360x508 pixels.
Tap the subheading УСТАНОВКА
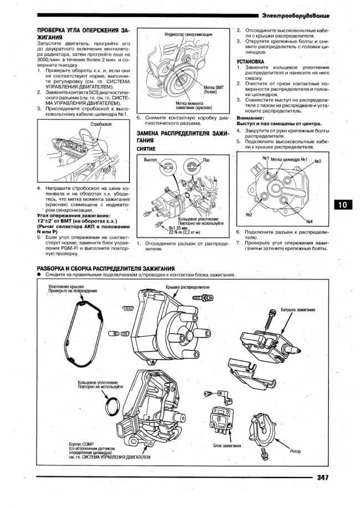(250, 61)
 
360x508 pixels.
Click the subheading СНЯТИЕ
(146, 149)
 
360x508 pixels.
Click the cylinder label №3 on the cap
(317, 161)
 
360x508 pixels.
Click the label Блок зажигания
(227, 445)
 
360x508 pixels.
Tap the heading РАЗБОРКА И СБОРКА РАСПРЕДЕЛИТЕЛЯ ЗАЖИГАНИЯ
(114, 268)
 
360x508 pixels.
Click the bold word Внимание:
(249, 118)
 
